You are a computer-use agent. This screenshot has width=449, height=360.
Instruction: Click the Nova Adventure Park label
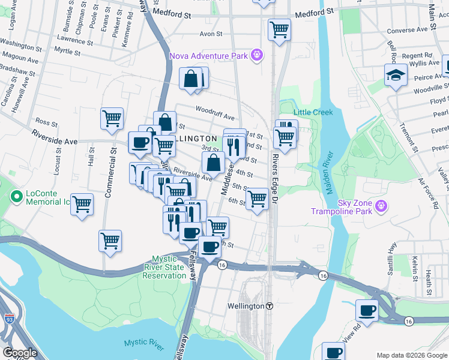208,56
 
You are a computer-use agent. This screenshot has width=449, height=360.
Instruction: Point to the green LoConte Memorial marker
17,197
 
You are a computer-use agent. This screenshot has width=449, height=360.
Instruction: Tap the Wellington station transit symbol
270,306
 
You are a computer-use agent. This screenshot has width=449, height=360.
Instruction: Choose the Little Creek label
313,112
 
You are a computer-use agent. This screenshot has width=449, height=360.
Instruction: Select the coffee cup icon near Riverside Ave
140,143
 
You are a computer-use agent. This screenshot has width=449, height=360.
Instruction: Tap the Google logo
20,353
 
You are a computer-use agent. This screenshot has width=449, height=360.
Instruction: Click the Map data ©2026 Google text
412,355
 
